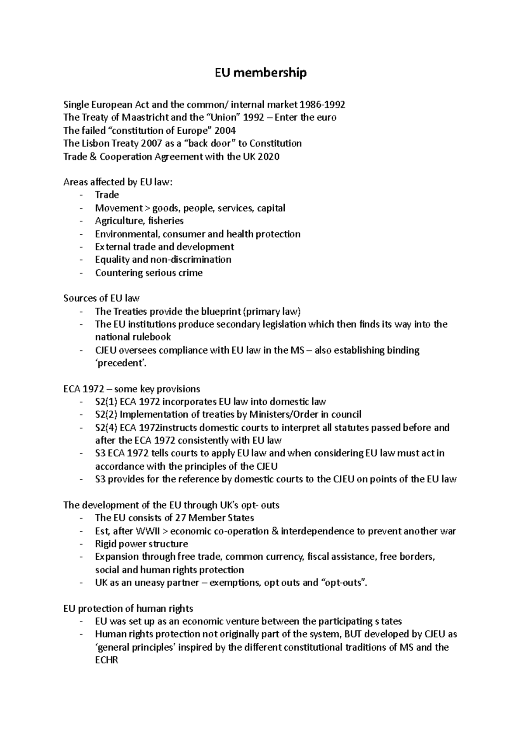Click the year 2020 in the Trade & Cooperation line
click(x=269, y=156)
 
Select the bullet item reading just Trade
click(x=107, y=195)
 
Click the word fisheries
click(x=166, y=221)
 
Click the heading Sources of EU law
click(x=101, y=298)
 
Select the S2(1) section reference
click(x=106, y=402)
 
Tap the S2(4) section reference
click(x=106, y=427)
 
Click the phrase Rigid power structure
click(x=141, y=544)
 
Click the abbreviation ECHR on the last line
click(x=107, y=660)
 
